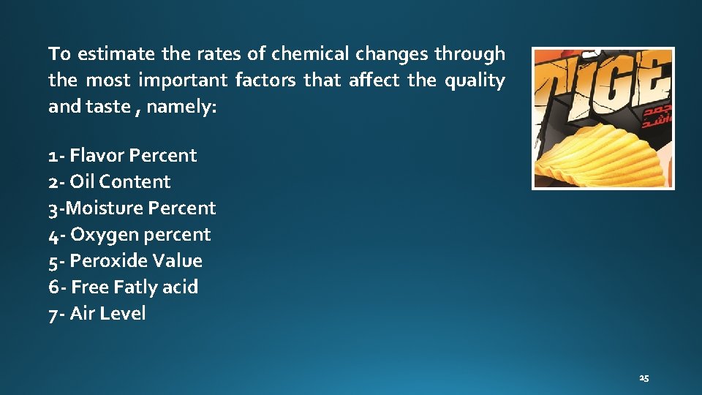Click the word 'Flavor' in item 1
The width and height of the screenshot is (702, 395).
click(97, 156)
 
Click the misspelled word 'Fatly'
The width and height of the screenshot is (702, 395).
click(133, 287)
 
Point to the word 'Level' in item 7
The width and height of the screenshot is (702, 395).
click(122, 314)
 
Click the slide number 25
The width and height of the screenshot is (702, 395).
click(643, 378)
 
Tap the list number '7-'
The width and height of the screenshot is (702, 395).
click(56, 314)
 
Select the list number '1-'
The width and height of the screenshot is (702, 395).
click(56, 156)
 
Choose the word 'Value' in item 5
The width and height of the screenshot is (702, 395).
click(179, 261)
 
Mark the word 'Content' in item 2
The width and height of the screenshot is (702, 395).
click(135, 182)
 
